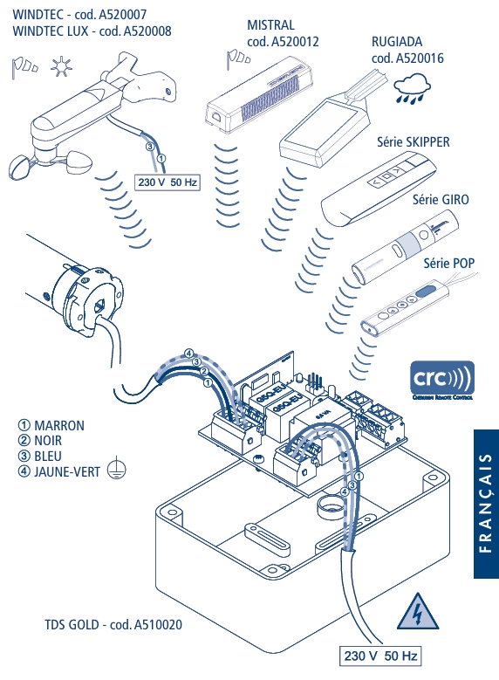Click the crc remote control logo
[442, 381]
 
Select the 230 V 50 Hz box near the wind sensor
[168, 182]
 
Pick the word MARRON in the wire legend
[59, 426]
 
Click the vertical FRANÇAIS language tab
[486, 503]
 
